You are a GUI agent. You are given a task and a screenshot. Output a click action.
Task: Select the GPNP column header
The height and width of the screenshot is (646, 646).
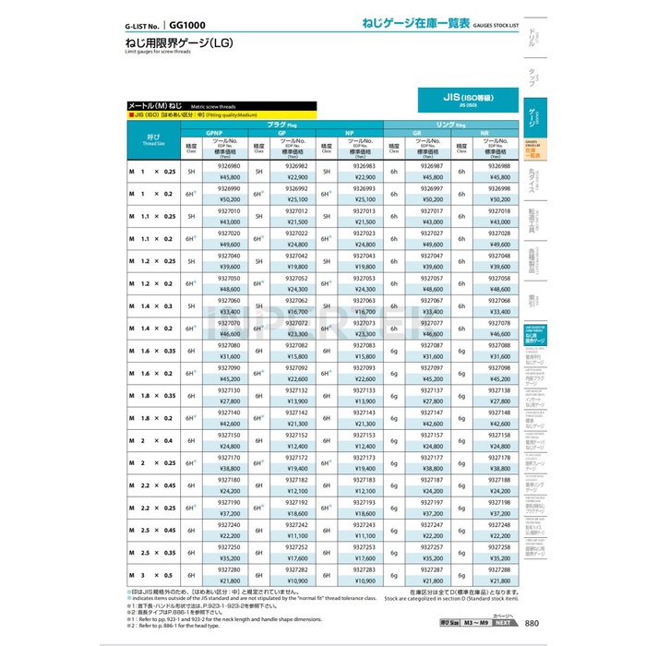228,133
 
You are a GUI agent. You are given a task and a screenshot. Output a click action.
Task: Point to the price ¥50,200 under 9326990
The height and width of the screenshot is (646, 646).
228,199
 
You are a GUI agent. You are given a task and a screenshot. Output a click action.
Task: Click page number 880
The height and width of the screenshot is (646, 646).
532,625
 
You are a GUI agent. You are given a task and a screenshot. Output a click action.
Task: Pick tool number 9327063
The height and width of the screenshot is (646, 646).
362,300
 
